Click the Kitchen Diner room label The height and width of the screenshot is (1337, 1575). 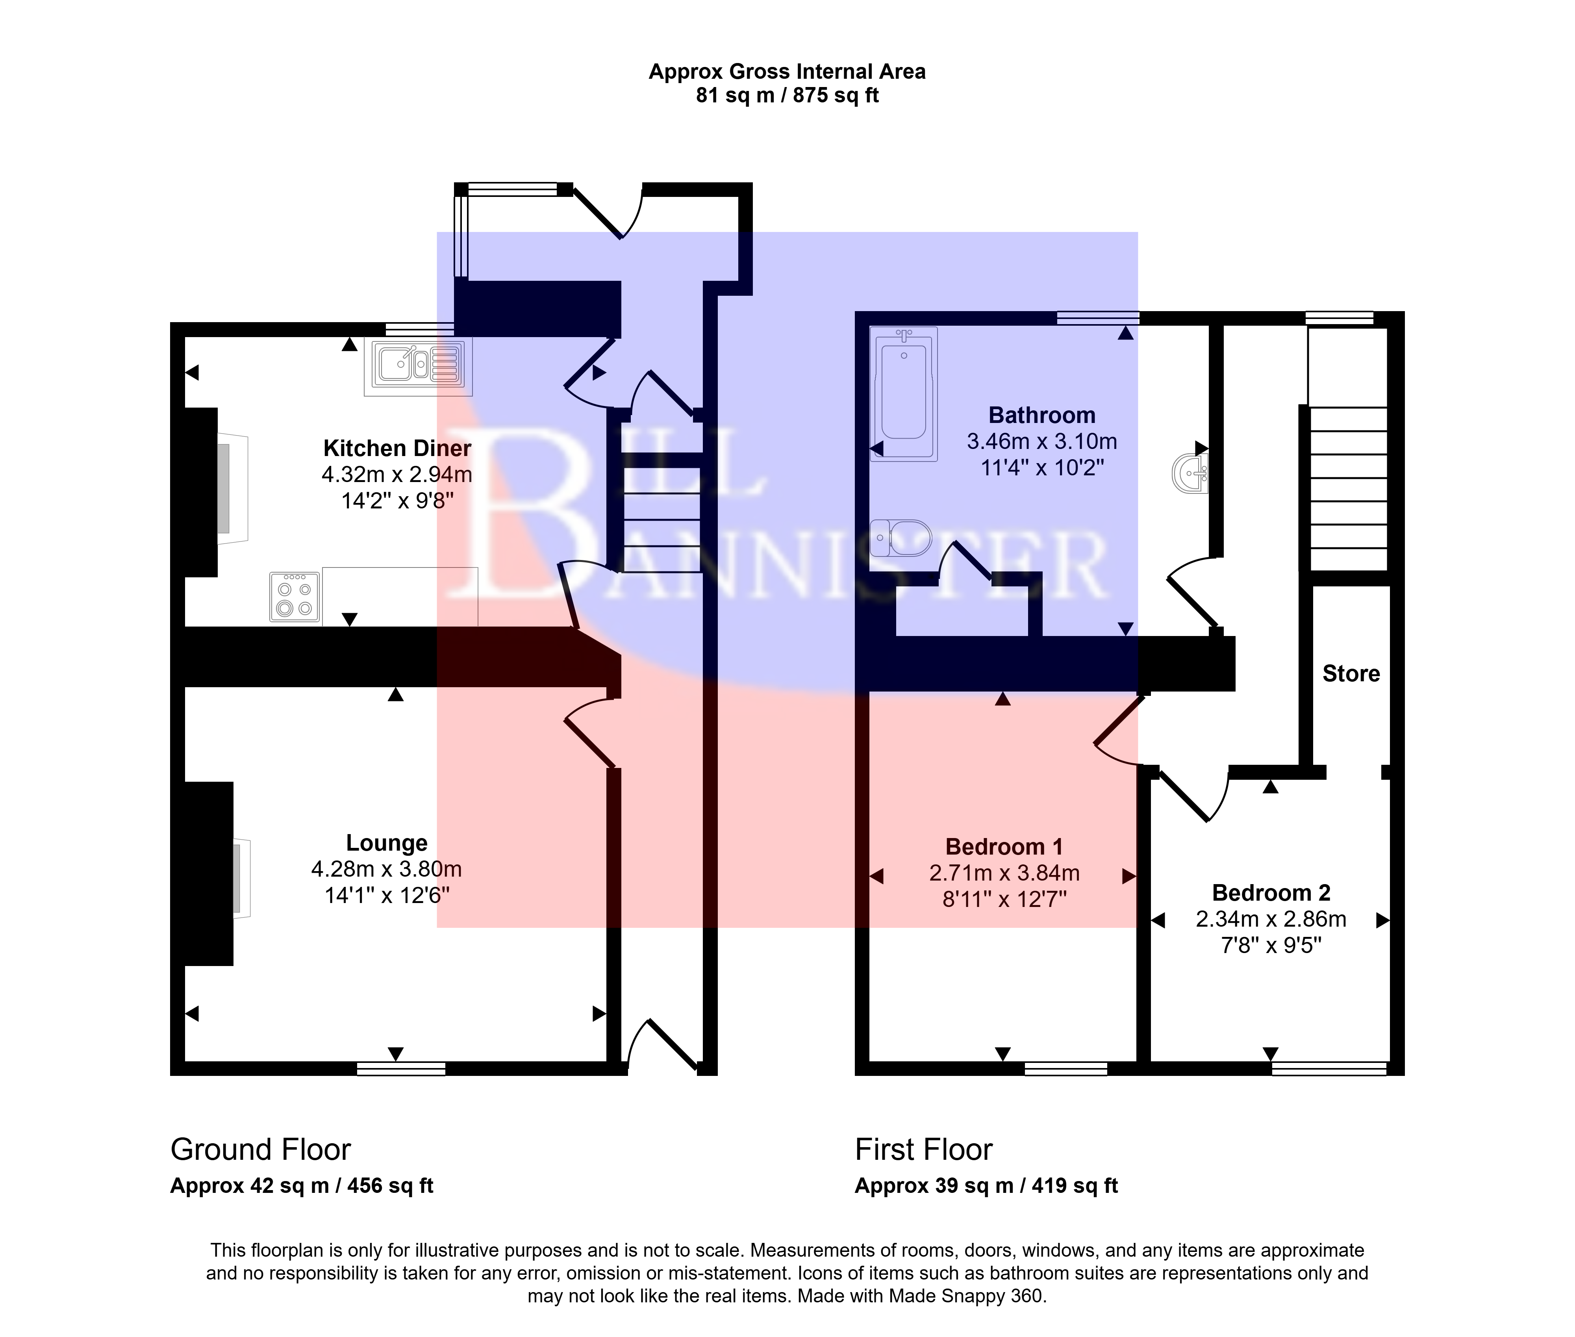[397, 448]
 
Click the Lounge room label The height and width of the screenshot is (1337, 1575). [387, 843]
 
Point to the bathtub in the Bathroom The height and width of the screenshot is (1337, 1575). [904, 394]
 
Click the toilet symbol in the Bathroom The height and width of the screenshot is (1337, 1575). [901, 538]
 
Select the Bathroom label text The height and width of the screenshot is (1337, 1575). [1041, 415]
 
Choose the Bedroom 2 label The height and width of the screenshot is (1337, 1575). [1271, 893]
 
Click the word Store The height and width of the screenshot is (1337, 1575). [1351, 674]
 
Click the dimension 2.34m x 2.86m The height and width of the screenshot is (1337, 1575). [1271, 920]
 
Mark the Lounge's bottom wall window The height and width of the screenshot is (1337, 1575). [401, 1069]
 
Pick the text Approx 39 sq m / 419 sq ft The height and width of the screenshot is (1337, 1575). [986, 1186]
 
